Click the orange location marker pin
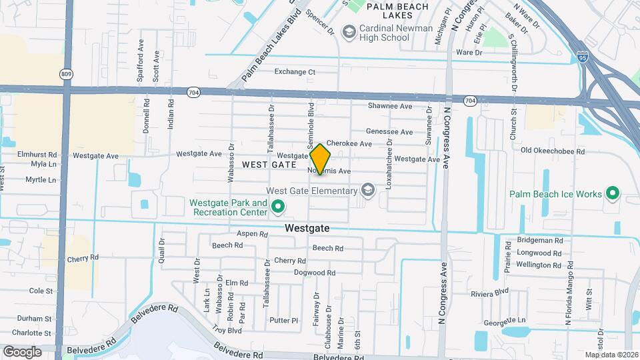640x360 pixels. click(321, 159)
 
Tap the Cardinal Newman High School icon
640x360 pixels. click(348, 31)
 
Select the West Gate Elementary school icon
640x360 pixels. click(367, 191)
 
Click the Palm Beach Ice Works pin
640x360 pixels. click(612, 195)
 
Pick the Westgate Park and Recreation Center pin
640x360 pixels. click(279, 208)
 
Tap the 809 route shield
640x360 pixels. click(65, 73)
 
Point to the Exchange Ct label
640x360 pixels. click(295, 71)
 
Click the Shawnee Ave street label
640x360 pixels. click(390, 106)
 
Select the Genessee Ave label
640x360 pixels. click(389, 132)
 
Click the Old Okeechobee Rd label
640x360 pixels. click(552, 151)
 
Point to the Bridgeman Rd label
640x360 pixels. click(540, 241)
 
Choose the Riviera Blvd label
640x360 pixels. click(489, 292)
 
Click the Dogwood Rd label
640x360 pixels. click(314, 273)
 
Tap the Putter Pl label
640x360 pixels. click(284, 320)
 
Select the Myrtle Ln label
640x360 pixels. click(40, 180)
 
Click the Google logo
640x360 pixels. click(22, 351)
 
